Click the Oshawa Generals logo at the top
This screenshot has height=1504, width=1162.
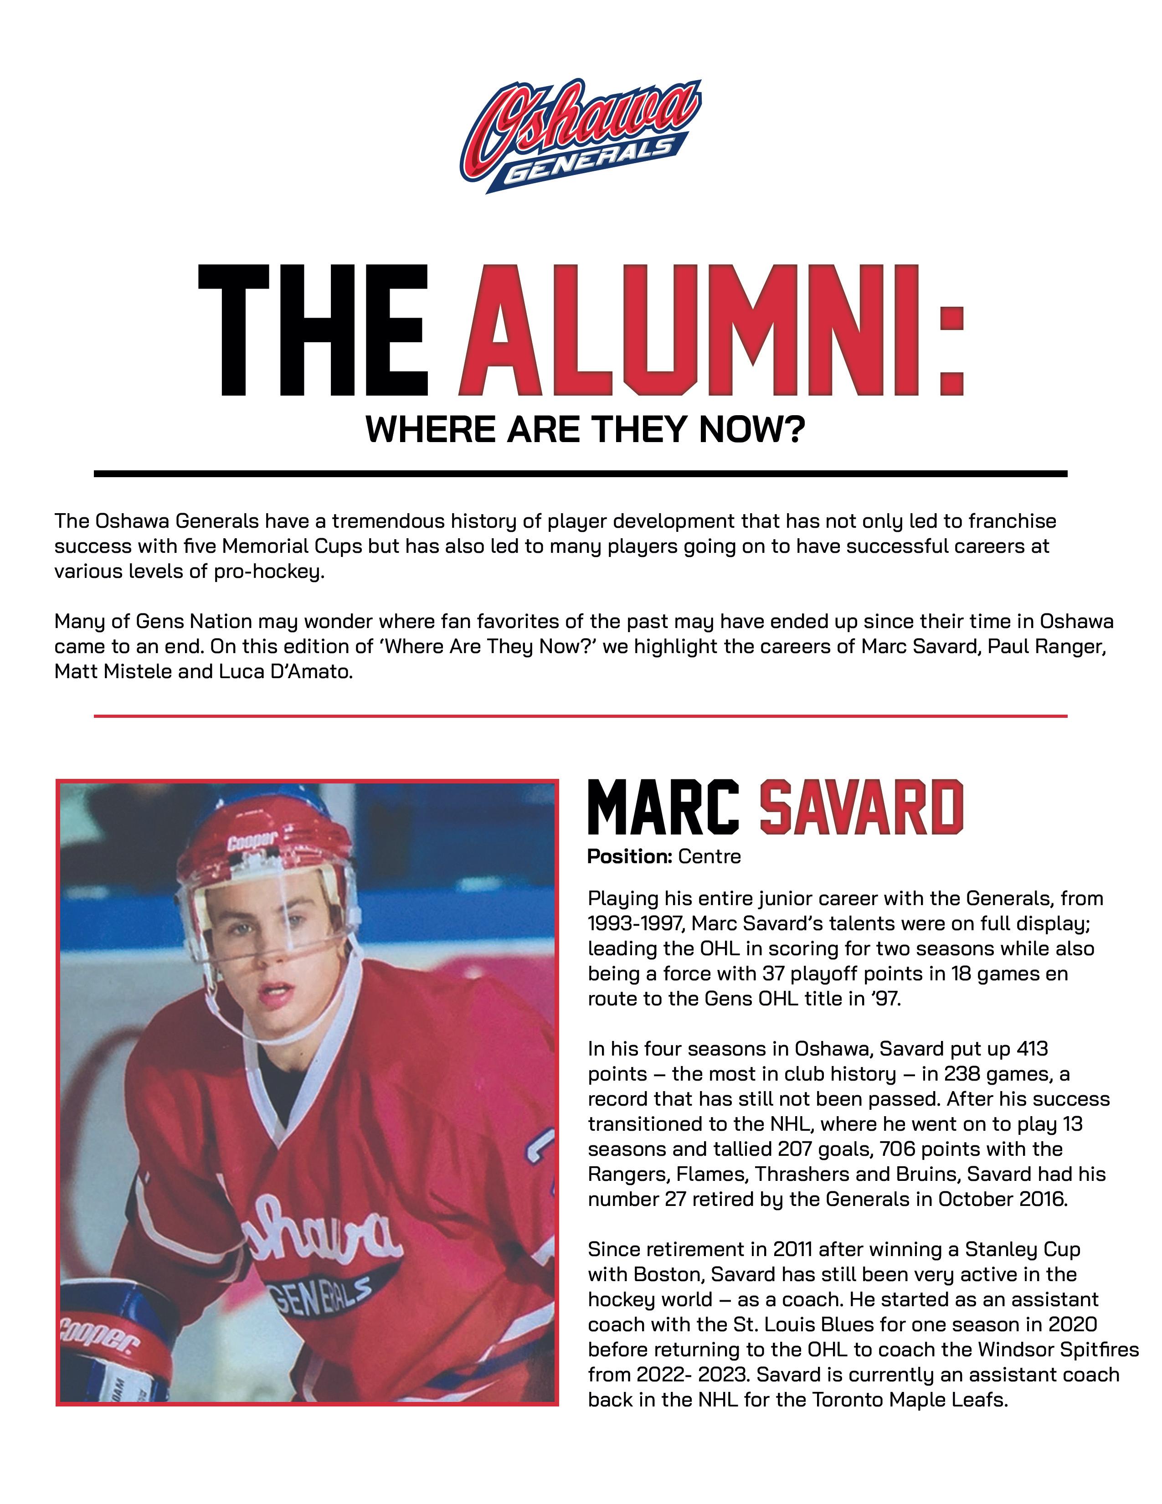(580, 136)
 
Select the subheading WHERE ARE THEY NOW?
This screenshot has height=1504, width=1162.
(585, 430)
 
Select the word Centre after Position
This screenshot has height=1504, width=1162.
(709, 857)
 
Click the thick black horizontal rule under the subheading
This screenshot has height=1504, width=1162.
(580, 474)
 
